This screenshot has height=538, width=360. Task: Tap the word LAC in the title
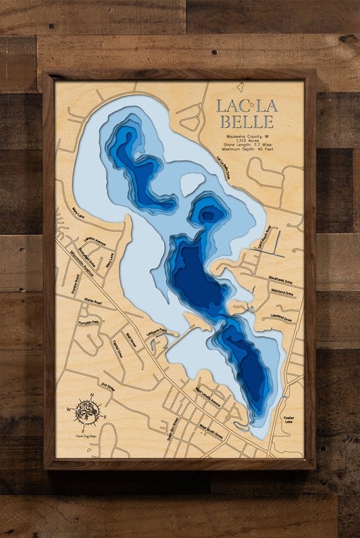point(228,106)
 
